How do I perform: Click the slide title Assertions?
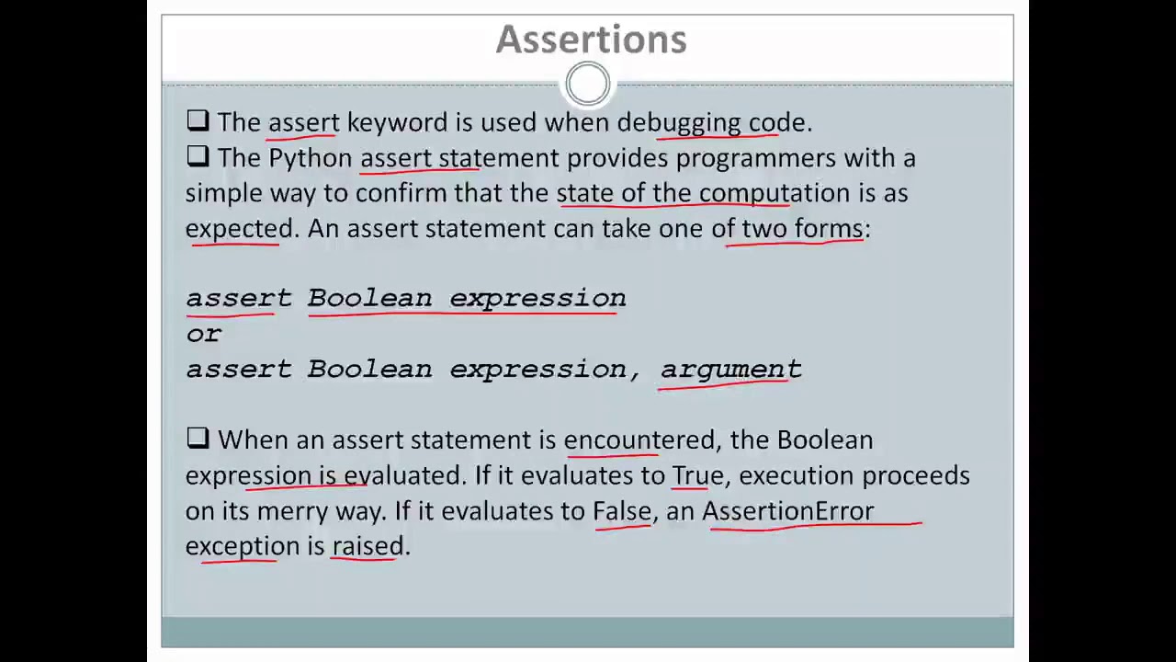(591, 40)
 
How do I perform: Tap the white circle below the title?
(587, 85)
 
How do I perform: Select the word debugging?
(678, 122)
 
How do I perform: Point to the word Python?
(310, 158)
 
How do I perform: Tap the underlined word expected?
(239, 228)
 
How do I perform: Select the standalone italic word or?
(203, 334)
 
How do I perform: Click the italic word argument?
(730, 369)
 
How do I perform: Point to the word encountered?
(639, 439)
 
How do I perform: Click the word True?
(696, 475)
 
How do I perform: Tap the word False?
(622, 510)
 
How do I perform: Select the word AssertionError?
(787, 510)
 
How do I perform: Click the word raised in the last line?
(367, 546)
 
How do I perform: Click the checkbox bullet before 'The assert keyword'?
(198, 121)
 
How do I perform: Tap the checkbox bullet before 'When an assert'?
(198, 439)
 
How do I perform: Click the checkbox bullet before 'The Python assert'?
(198, 157)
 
